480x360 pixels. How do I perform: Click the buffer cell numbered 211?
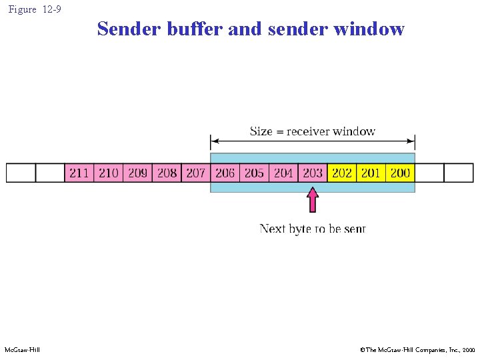(x=79, y=173)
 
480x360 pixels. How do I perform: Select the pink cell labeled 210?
(x=108, y=173)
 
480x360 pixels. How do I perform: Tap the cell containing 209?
(x=137, y=173)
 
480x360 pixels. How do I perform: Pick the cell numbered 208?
(x=167, y=173)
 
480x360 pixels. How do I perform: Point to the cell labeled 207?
(x=195, y=173)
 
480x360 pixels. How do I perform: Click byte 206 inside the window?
(x=225, y=173)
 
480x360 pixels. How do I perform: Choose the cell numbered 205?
(x=254, y=173)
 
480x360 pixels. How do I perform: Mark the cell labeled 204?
(x=283, y=173)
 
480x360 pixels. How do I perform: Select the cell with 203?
(x=313, y=173)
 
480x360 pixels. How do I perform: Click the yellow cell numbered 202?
(x=341, y=173)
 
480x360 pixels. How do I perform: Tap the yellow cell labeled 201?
(x=371, y=173)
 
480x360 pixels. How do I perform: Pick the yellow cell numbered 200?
(x=400, y=173)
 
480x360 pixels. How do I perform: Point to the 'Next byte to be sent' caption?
(x=313, y=229)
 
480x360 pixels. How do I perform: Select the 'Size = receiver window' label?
(x=313, y=131)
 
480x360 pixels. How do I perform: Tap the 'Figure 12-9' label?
(x=34, y=9)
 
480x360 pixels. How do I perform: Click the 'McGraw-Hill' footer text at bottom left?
(x=22, y=350)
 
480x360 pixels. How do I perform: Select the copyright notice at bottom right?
(x=417, y=350)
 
